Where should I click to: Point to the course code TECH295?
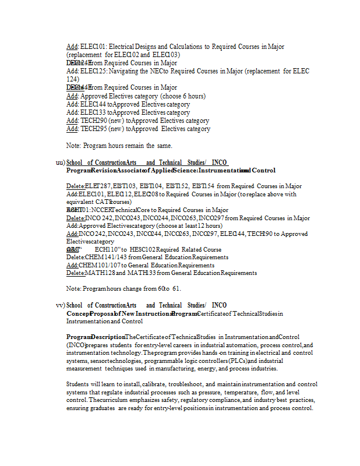pos(93,129)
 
